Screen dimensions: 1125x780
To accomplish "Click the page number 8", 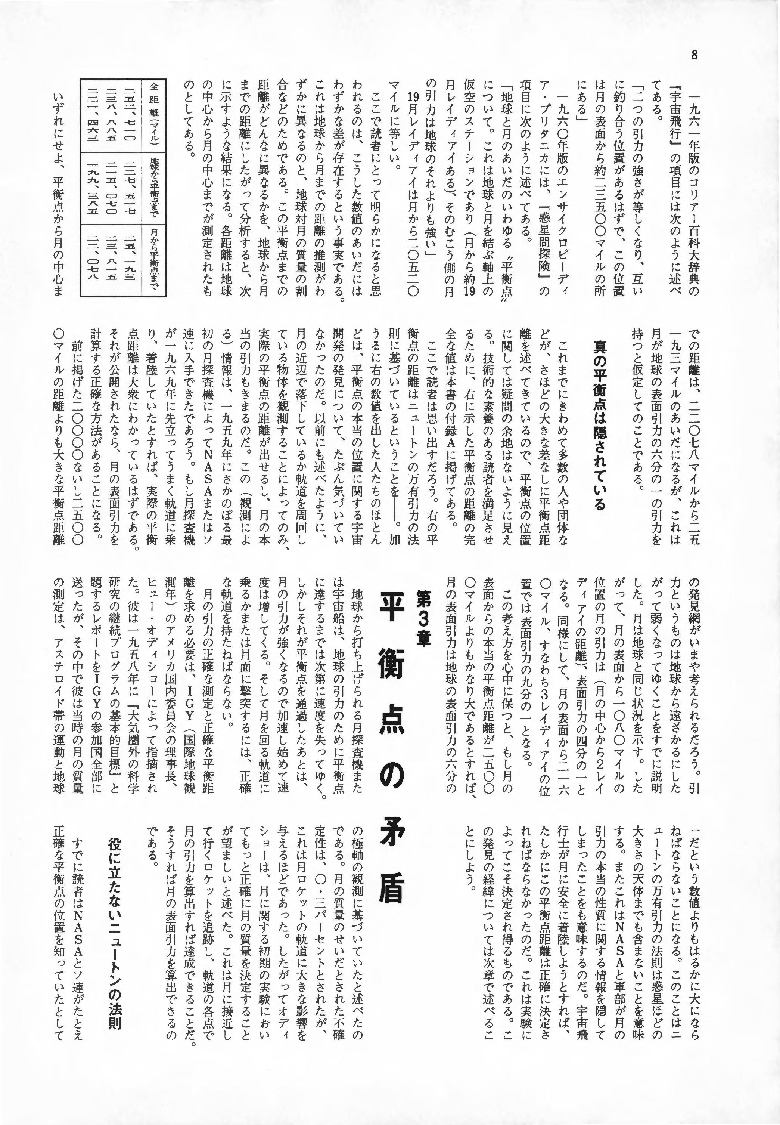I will point(694,55).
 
